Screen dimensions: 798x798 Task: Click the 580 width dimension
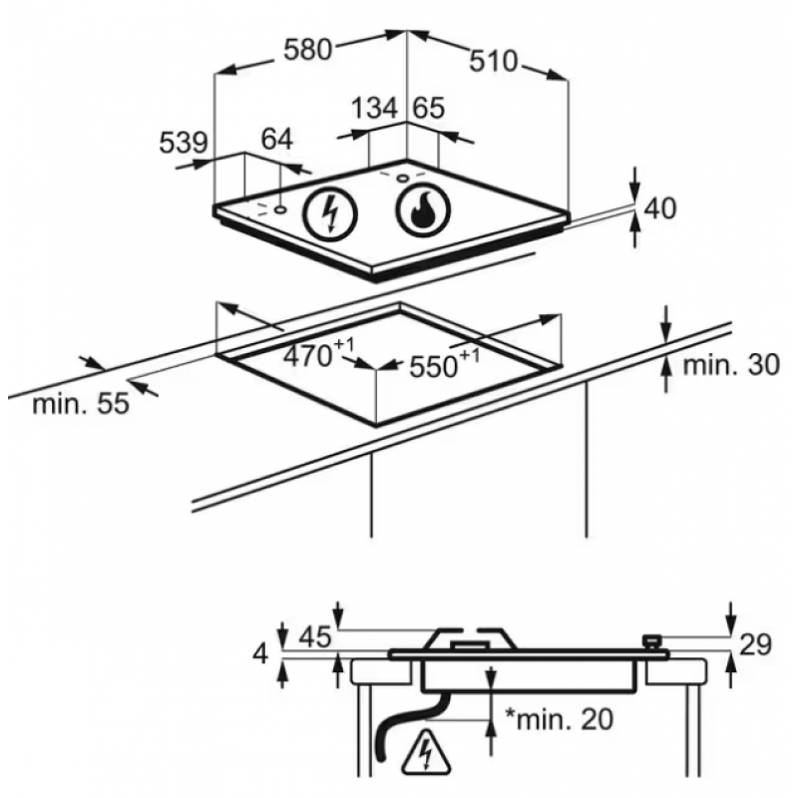tap(307, 50)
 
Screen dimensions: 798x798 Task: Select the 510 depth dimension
tap(493, 61)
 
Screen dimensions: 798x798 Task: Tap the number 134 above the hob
tap(374, 108)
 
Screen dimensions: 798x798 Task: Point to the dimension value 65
tap(428, 108)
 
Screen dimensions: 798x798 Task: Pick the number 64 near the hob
tap(277, 139)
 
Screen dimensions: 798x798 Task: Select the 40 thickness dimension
tap(660, 208)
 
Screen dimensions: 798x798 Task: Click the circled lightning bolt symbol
tap(330, 214)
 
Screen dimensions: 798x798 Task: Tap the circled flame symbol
tap(423, 210)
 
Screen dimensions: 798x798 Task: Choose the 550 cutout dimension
tap(444, 363)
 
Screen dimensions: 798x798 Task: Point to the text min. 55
tap(81, 405)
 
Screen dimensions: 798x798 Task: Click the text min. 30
tap(731, 365)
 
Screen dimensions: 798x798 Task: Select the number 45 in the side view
tap(315, 636)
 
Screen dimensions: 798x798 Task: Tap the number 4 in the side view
tap(260, 654)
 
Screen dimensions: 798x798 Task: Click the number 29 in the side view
tap(755, 644)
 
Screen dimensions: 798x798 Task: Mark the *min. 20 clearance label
tap(559, 718)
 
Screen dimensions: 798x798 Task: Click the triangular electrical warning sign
tap(426, 751)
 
